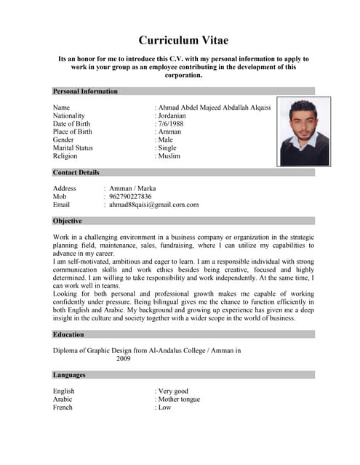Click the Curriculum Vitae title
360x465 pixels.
click(x=184, y=41)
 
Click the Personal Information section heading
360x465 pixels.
click(x=85, y=92)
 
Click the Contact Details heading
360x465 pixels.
click(x=76, y=173)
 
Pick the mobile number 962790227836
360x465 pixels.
click(x=130, y=196)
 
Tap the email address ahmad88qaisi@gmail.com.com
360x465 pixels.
click(x=153, y=205)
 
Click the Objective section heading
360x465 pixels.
click(x=68, y=221)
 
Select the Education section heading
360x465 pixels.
click(x=68, y=335)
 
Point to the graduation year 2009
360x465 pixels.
click(x=124, y=359)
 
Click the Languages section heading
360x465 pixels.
click(x=69, y=375)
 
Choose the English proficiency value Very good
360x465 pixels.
click(x=173, y=391)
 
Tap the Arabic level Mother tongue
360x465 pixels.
click(x=179, y=399)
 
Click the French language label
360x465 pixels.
click(x=63, y=408)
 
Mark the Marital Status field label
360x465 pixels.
click(x=74, y=147)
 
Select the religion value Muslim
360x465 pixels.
click(x=169, y=155)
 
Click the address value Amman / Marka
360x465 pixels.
click(x=132, y=188)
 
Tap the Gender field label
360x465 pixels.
click(x=64, y=139)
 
